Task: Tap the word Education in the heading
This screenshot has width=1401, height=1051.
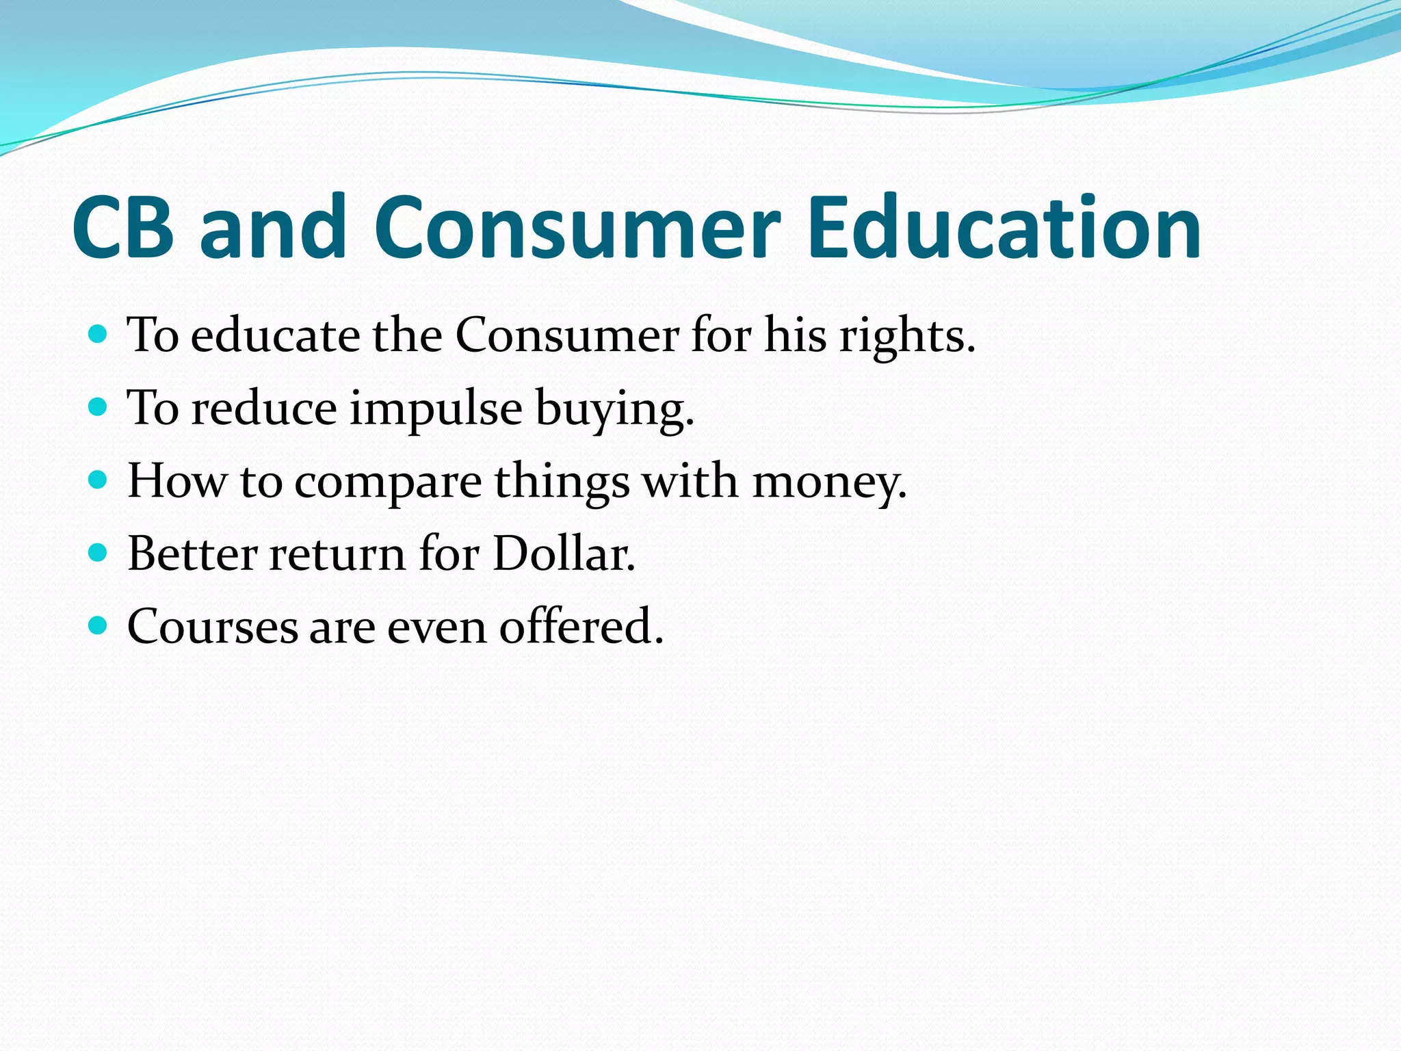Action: [1004, 228]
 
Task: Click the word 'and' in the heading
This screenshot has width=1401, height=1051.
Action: [274, 228]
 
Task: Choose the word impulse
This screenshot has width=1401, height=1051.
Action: [436, 409]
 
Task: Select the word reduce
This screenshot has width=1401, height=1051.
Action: [264, 409]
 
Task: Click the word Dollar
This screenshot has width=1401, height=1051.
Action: [564, 554]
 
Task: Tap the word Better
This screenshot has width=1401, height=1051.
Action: [192, 554]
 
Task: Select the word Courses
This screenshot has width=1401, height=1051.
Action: [213, 627]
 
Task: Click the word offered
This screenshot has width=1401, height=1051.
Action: [581, 627]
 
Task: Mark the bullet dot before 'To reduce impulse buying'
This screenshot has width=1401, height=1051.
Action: [99, 407]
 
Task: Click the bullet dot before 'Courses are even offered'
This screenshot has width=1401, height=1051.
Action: [99, 625]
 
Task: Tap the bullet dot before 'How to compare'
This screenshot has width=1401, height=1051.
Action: [99, 480]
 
